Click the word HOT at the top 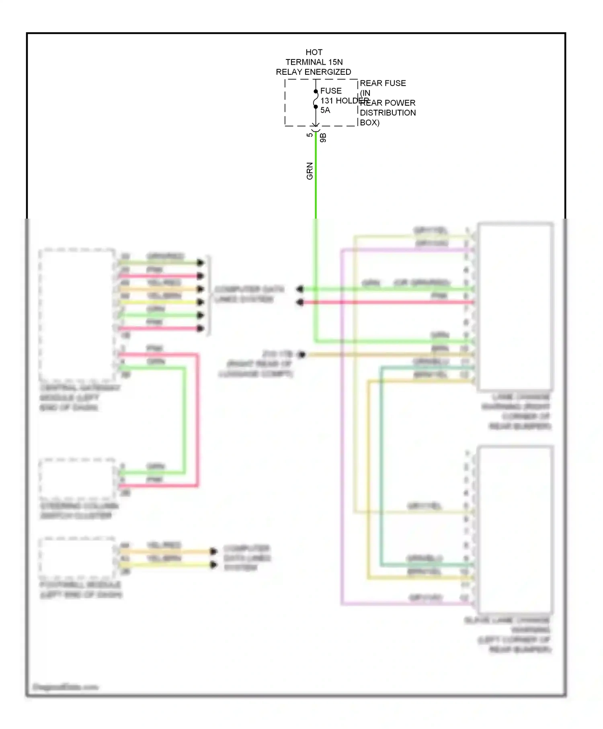(x=314, y=52)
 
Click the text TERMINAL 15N (x=314, y=62)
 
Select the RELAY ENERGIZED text (x=313, y=72)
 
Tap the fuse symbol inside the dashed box (x=316, y=99)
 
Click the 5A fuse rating (x=325, y=110)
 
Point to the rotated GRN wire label (x=310, y=171)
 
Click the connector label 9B (x=323, y=137)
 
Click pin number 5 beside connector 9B (x=309, y=135)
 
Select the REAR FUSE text (x=382, y=83)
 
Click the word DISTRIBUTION (x=388, y=113)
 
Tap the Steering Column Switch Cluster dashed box (x=76, y=478)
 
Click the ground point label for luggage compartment (x=277, y=354)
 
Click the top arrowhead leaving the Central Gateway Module (x=200, y=263)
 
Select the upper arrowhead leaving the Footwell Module (x=213, y=551)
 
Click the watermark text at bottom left (x=65, y=687)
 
